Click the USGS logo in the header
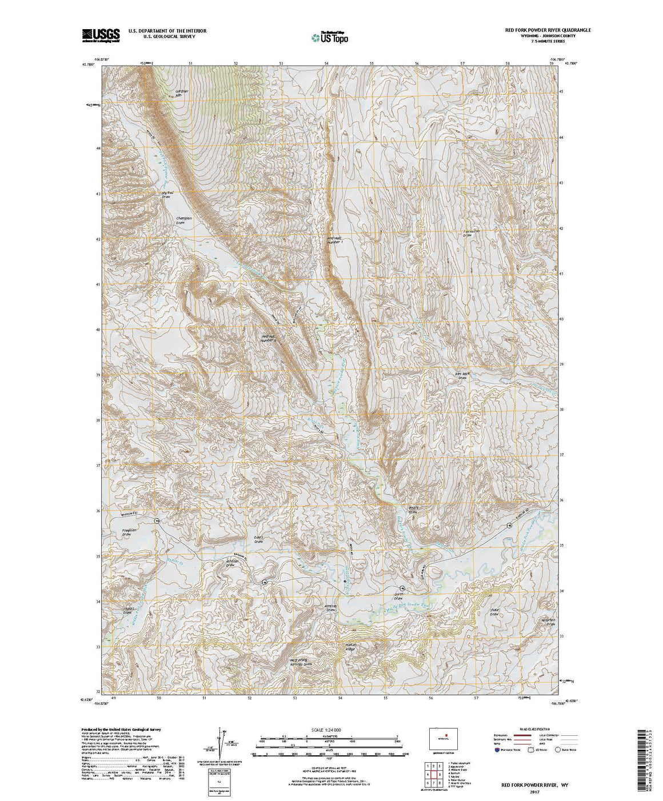[101, 35]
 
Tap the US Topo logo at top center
[329, 37]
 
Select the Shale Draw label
[494, 612]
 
